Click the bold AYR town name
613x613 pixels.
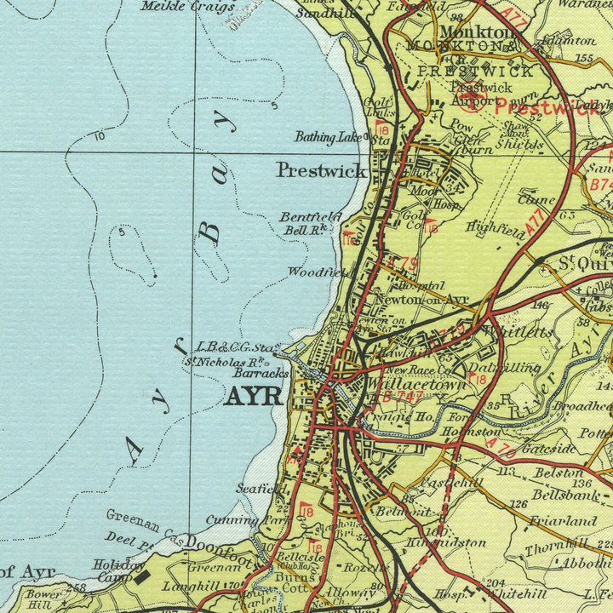click(x=253, y=397)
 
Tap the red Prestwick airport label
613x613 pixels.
click(x=534, y=107)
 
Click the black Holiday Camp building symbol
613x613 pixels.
click(x=143, y=578)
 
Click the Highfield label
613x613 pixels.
click(x=492, y=226)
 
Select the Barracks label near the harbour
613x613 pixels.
click(x=262, y=373)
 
